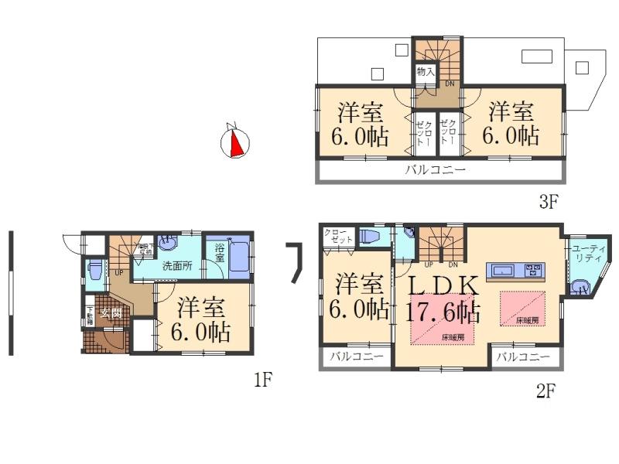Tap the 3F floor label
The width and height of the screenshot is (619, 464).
548,203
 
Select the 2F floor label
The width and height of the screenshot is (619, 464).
546,391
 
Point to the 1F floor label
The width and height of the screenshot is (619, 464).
264,380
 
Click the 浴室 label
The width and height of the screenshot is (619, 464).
220,253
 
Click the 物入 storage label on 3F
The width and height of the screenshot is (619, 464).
425,71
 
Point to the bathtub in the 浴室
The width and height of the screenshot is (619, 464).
239,258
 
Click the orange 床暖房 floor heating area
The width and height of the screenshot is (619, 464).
522,307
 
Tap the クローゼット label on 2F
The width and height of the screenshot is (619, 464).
337,236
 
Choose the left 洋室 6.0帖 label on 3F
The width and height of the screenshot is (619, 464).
361,124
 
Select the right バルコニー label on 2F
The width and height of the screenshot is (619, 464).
523,357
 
